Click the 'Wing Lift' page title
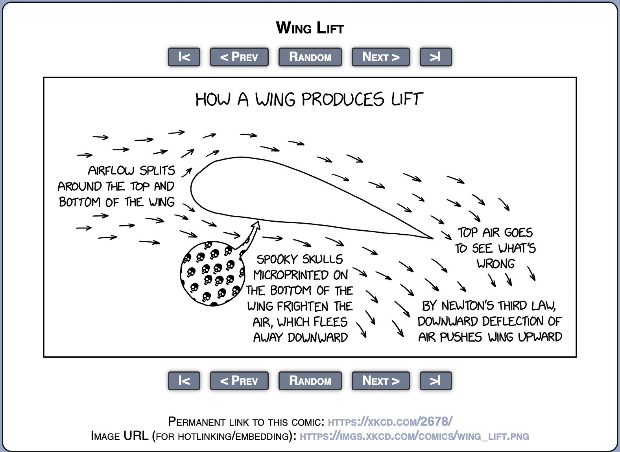(310, 28)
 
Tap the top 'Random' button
(310, 57)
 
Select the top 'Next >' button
(380, 57)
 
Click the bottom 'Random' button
(310, 381)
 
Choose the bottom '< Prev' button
(239, 381)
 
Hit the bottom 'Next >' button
(380, 381)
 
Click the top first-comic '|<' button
(184, 57)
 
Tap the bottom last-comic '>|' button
(435, 381)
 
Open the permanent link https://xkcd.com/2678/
(390, 422)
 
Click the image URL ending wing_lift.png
(414, 436)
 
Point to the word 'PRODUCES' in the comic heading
(342, 99)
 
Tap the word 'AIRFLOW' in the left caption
(111, 171)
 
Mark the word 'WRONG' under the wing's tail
(496, 263)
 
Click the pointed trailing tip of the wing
(432, 238)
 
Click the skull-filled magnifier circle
(211, 274)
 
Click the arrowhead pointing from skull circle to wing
(256, 224)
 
